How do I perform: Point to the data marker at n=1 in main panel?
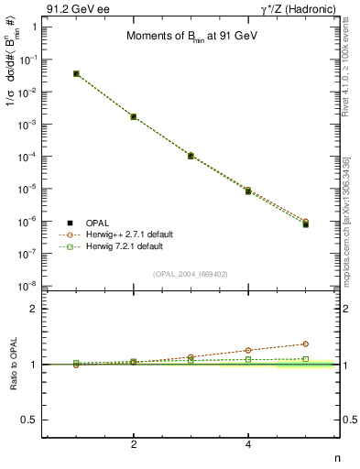[x=76, y=73]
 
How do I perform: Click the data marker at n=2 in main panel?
[x=134, y=116]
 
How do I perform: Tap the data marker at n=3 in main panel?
[x=191, y=156]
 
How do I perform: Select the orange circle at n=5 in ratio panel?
[x=306, y=344]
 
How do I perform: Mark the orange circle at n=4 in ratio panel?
[x=248, y=350]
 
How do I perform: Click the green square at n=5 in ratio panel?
[x=306, y=358]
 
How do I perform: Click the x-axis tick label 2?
[x=134, y=444]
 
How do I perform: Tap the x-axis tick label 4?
[x=248, y=444]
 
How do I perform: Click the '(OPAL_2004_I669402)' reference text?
[x=190, y=273]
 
